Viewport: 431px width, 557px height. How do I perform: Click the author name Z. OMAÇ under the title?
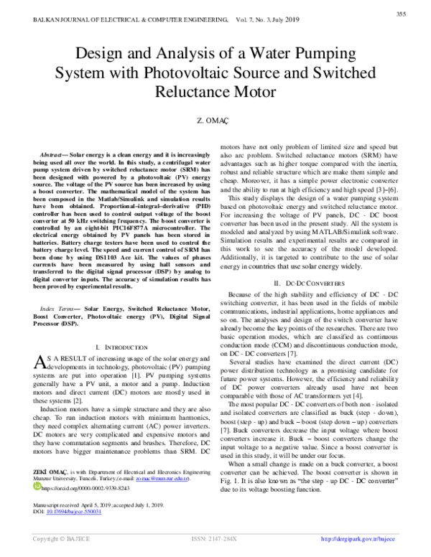215,123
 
